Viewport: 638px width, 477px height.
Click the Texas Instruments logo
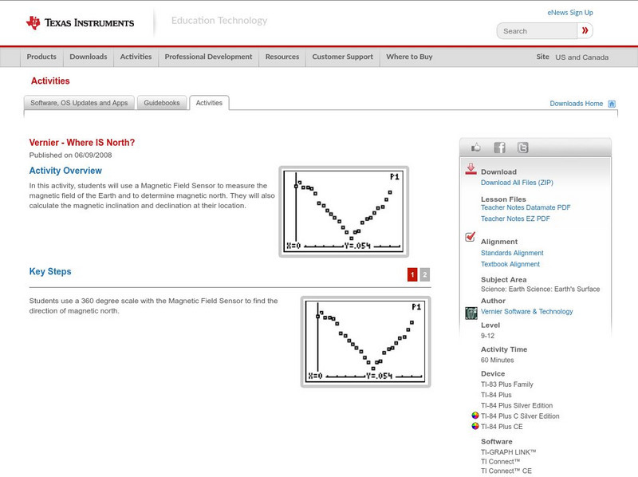point(80,22)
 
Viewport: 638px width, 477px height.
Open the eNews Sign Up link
point(570,13)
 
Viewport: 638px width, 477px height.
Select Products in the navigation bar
point(41,57)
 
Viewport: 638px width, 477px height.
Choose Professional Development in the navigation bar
point(208,57)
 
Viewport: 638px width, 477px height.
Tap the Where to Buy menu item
point(409,57)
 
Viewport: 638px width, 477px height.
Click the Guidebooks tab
point(163,103)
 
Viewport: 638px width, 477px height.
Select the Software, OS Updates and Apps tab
point(79,103)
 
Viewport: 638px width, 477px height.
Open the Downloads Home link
point(577,104)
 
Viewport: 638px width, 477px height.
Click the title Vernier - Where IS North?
point(82,143)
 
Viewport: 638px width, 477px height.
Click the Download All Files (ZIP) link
point(517,183)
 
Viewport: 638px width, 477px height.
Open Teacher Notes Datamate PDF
point(526,207)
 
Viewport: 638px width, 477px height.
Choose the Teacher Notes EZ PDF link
point(515,219)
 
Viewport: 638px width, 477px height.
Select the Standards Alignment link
point(512,253)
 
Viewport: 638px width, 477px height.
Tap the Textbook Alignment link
point(510,264)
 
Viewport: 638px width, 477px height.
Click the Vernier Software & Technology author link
point(526,312)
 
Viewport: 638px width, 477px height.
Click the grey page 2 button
point(425,274)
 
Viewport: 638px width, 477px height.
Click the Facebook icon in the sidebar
point(499,148)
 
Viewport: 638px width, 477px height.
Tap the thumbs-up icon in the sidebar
point(477,148)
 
